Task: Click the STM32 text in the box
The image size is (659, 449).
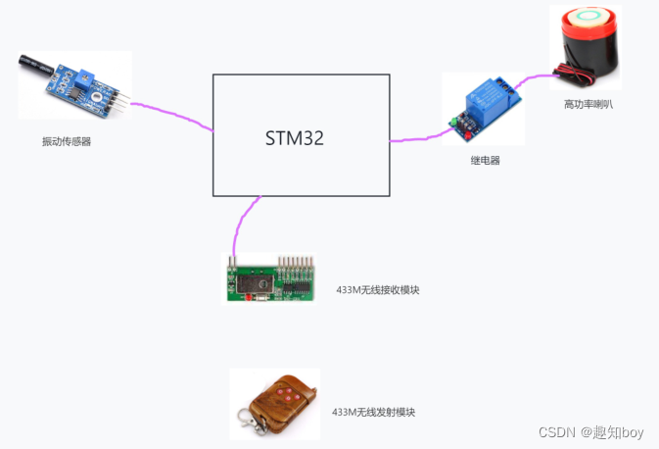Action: point(294,138)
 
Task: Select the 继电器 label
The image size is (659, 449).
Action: point(485,160)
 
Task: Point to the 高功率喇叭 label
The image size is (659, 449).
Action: point(588,104)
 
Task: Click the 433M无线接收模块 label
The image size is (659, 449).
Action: point(377,290)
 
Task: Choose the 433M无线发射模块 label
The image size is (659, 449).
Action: point(373,413)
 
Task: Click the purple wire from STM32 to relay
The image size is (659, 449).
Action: point(416,139)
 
